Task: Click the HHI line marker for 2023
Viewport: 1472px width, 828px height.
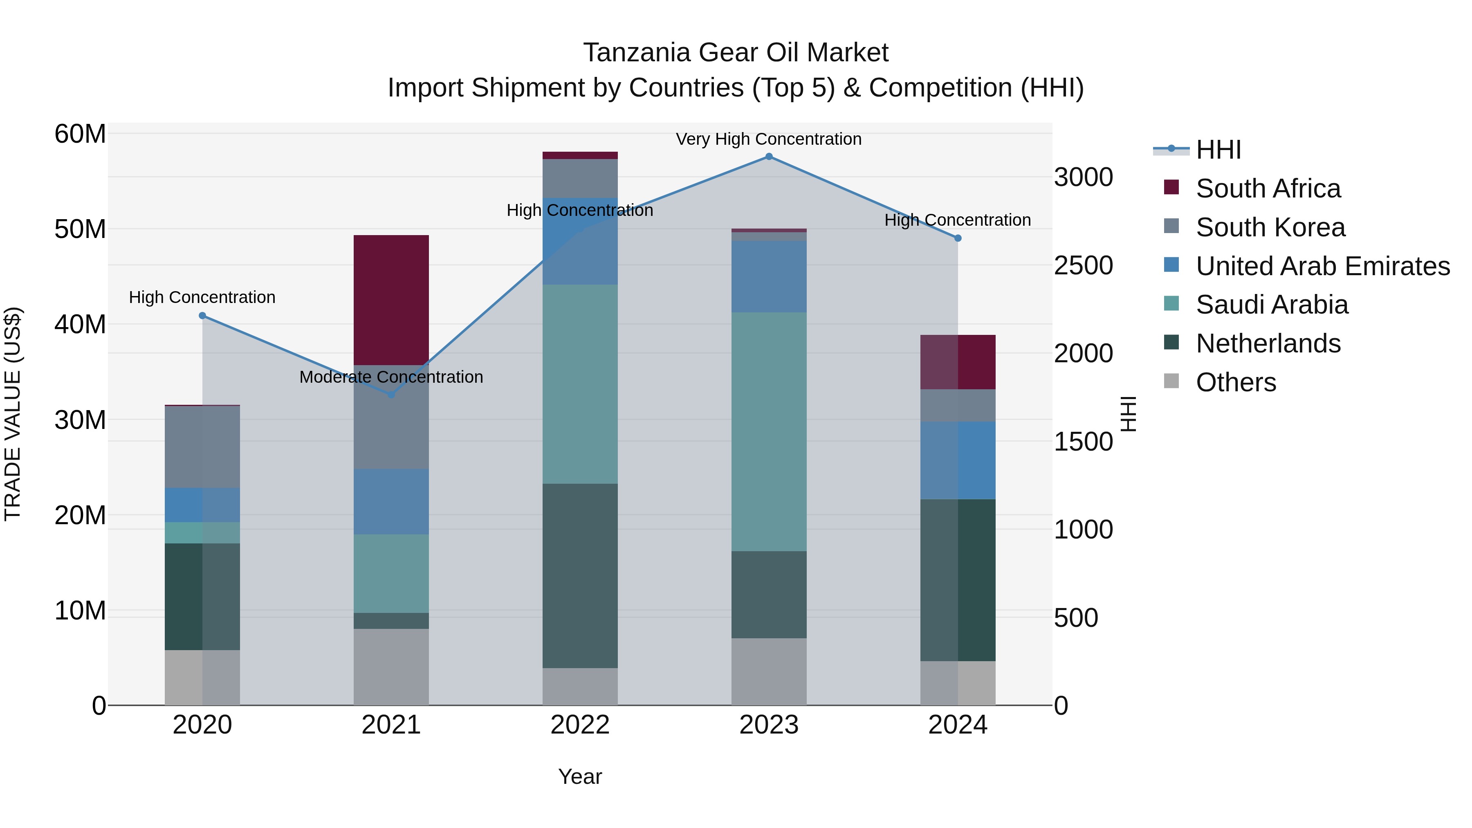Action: [x=769, y=157]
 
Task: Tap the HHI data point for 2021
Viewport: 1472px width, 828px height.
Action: [x=391, y=394]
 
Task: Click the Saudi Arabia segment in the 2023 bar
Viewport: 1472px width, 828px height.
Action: [x=769, y=431]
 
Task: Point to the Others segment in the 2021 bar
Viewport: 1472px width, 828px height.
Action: [x=391, y=667]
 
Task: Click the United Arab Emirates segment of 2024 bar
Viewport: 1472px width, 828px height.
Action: [x=958, y=460]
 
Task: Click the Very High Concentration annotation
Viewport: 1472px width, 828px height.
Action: [x=769, y=139]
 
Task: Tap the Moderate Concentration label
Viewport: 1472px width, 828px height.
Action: [x=391, y=377]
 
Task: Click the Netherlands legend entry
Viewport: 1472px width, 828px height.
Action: [x=1268, y=343]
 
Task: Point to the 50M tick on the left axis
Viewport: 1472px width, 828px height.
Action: [x=80, y=229]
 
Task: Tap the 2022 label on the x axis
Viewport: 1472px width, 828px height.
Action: [x=580, y=725]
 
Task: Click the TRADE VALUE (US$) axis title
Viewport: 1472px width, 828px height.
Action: [x=13, y=414]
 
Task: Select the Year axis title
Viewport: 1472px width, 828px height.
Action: [x=580, y=776]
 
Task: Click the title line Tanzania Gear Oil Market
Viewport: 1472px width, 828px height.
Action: [x=736, y=53]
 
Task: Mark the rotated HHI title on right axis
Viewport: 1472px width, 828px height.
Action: [x=1128, y=414]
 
